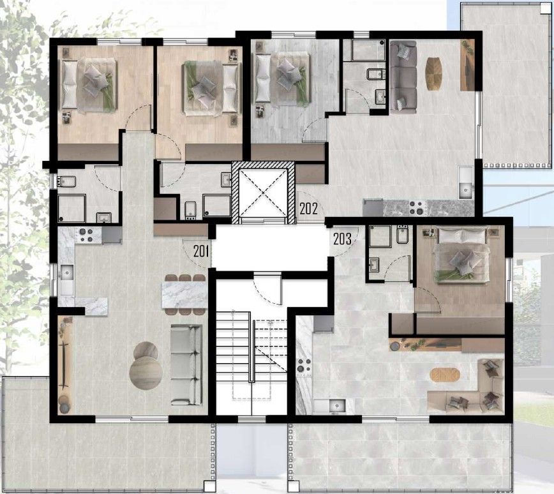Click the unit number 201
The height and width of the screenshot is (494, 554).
click(x=201, y=251)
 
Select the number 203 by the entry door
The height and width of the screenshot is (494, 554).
click(x=342, y=239)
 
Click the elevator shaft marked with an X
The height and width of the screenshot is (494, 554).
click(x=263, y=193)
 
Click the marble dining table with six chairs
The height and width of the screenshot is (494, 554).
click(x=184, y=294)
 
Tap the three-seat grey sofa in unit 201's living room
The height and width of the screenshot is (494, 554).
click(x=186, y=364)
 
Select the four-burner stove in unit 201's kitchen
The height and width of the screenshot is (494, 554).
click(x=85, y=236)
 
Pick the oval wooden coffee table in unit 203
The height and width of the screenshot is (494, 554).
click(x=445, y=375)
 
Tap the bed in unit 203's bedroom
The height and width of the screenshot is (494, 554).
click(x=461, y=255)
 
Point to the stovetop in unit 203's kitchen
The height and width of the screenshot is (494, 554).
click(x=304, y=365)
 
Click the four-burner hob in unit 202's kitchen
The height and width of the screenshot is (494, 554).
click(x=417, y=208)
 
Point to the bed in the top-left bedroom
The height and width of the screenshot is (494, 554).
click(x=89, y=84)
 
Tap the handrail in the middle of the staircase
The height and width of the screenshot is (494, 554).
click(x=251, y=347)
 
